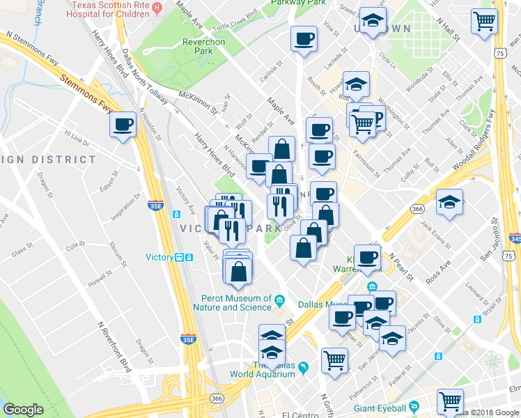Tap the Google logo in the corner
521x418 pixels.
(23, 410)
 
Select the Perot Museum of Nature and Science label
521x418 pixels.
(232, 302)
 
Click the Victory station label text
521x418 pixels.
(159, 257)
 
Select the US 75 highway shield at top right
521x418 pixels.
(499, 52)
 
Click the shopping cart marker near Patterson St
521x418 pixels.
(334, 361)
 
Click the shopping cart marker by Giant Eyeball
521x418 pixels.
(450, 402)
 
